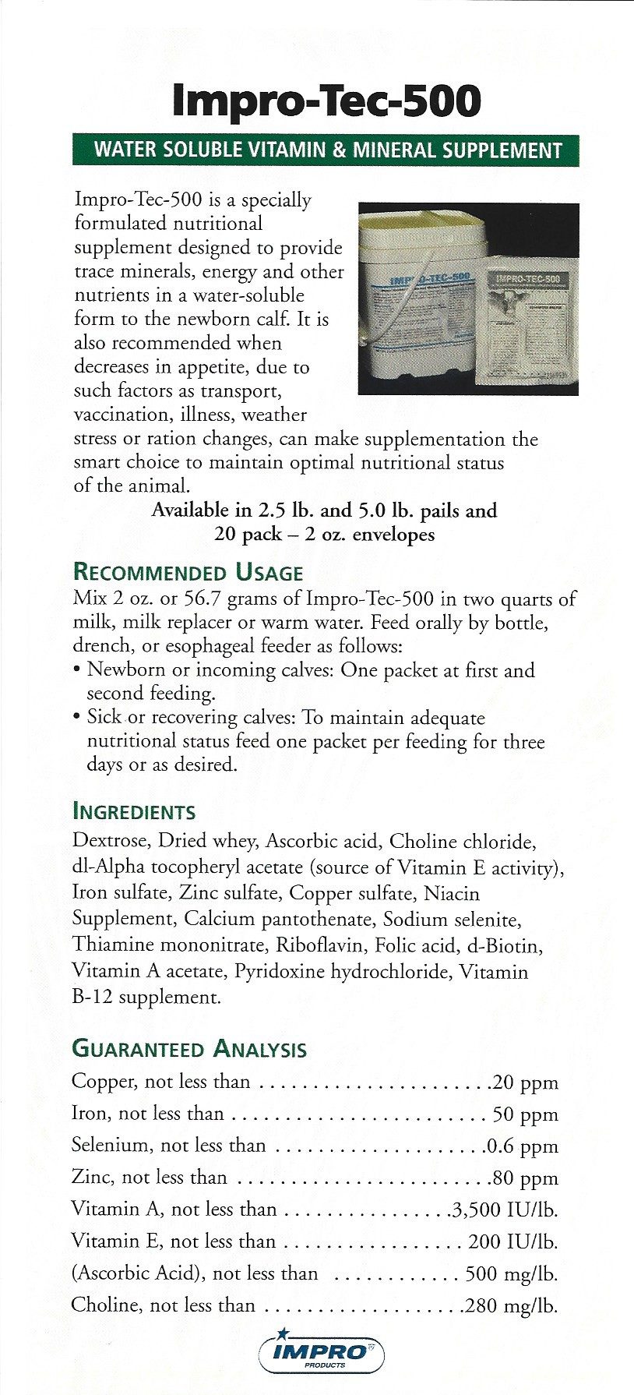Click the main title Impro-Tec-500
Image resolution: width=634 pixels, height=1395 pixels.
[326, 101]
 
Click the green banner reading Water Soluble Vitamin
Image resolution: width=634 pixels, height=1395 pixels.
[326, 150]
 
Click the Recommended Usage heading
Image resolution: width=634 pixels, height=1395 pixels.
[188, 573]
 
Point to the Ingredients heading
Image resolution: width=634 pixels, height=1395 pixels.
[133, 812]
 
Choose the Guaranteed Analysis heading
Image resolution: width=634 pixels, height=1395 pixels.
[189, 1049]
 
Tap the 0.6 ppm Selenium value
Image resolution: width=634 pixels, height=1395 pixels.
[522, 1146]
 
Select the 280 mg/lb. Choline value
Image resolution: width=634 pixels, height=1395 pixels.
[511, 1306]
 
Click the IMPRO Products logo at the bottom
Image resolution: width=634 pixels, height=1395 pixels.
[321, 1353]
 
